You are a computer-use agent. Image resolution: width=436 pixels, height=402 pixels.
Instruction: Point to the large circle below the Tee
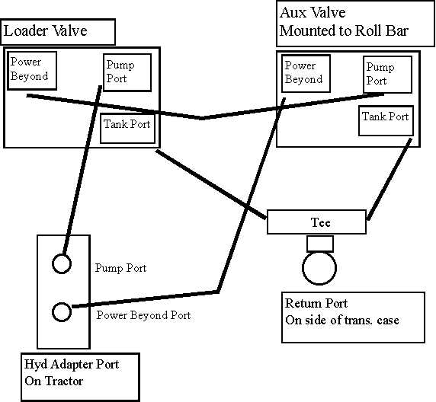[319, 284]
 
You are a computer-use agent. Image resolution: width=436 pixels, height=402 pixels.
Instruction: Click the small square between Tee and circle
[320, 236]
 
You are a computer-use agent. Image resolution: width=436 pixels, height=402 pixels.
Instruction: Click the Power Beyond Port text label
[143, 315]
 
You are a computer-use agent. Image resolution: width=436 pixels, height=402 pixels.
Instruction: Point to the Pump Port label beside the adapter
[120, 268]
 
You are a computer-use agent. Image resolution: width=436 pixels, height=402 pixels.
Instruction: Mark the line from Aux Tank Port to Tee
[390, 179]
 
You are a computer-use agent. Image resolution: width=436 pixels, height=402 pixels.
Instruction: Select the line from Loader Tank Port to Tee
[211, 184]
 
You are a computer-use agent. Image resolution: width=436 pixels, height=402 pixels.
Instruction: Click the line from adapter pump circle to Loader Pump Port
[82, 170]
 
